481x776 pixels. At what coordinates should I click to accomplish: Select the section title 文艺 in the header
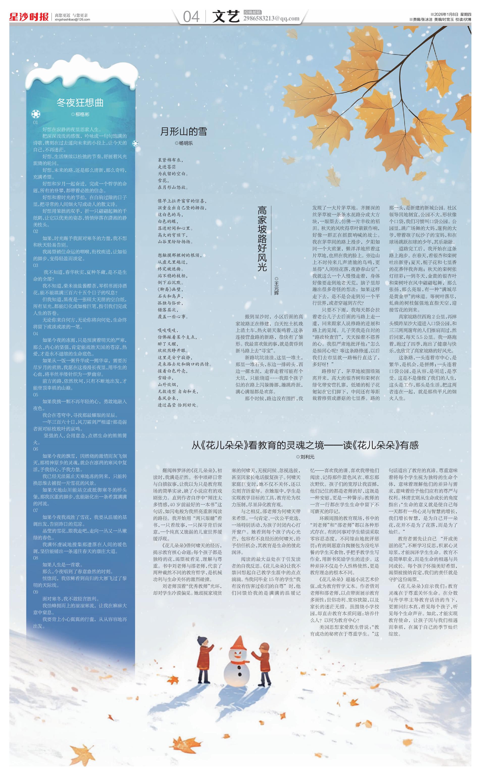click(x=225, y=16)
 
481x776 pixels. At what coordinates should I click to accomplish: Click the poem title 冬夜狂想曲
click(x=80, y=103)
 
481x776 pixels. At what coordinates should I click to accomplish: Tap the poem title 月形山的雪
click(x=184, y=131)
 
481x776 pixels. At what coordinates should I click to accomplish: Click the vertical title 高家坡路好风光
click(x=262, y=239)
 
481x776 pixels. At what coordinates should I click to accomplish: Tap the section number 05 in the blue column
click(x=36, y=395)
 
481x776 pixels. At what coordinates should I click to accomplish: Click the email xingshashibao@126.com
click(x=72, y=20)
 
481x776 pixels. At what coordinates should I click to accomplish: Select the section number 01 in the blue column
click(x=36, y=123)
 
